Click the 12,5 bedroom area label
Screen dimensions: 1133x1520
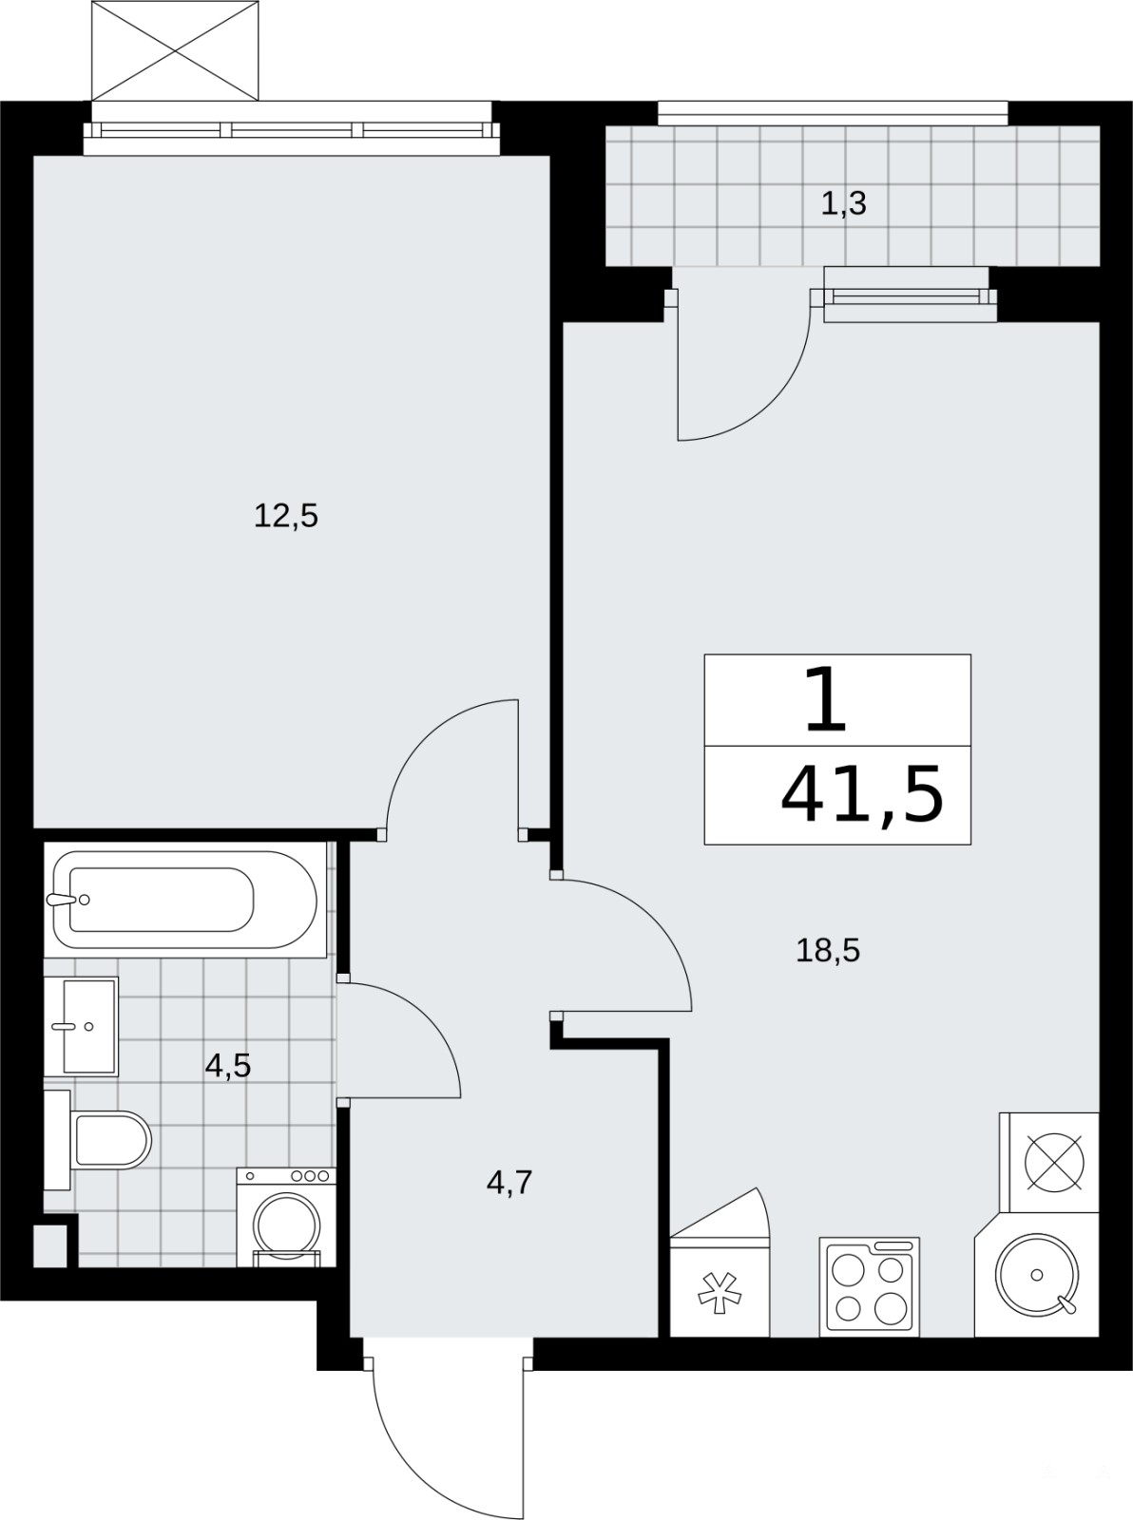[x=286, y=516]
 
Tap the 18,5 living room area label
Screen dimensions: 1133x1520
[x=828, y=951]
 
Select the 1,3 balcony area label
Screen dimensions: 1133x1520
[x=844, y=203]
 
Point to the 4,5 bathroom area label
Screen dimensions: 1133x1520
[x=228, y=1066]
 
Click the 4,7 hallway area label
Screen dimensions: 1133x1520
[x=509, y=1182]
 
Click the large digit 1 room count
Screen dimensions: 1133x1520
[x=825, y=702]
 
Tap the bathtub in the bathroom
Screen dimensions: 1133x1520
[x=184, y=900]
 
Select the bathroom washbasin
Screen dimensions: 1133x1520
[x=82, y=1026]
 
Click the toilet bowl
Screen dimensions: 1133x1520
[x=97, y=1140]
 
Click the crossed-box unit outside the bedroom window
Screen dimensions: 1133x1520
[x=176, y=50]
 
